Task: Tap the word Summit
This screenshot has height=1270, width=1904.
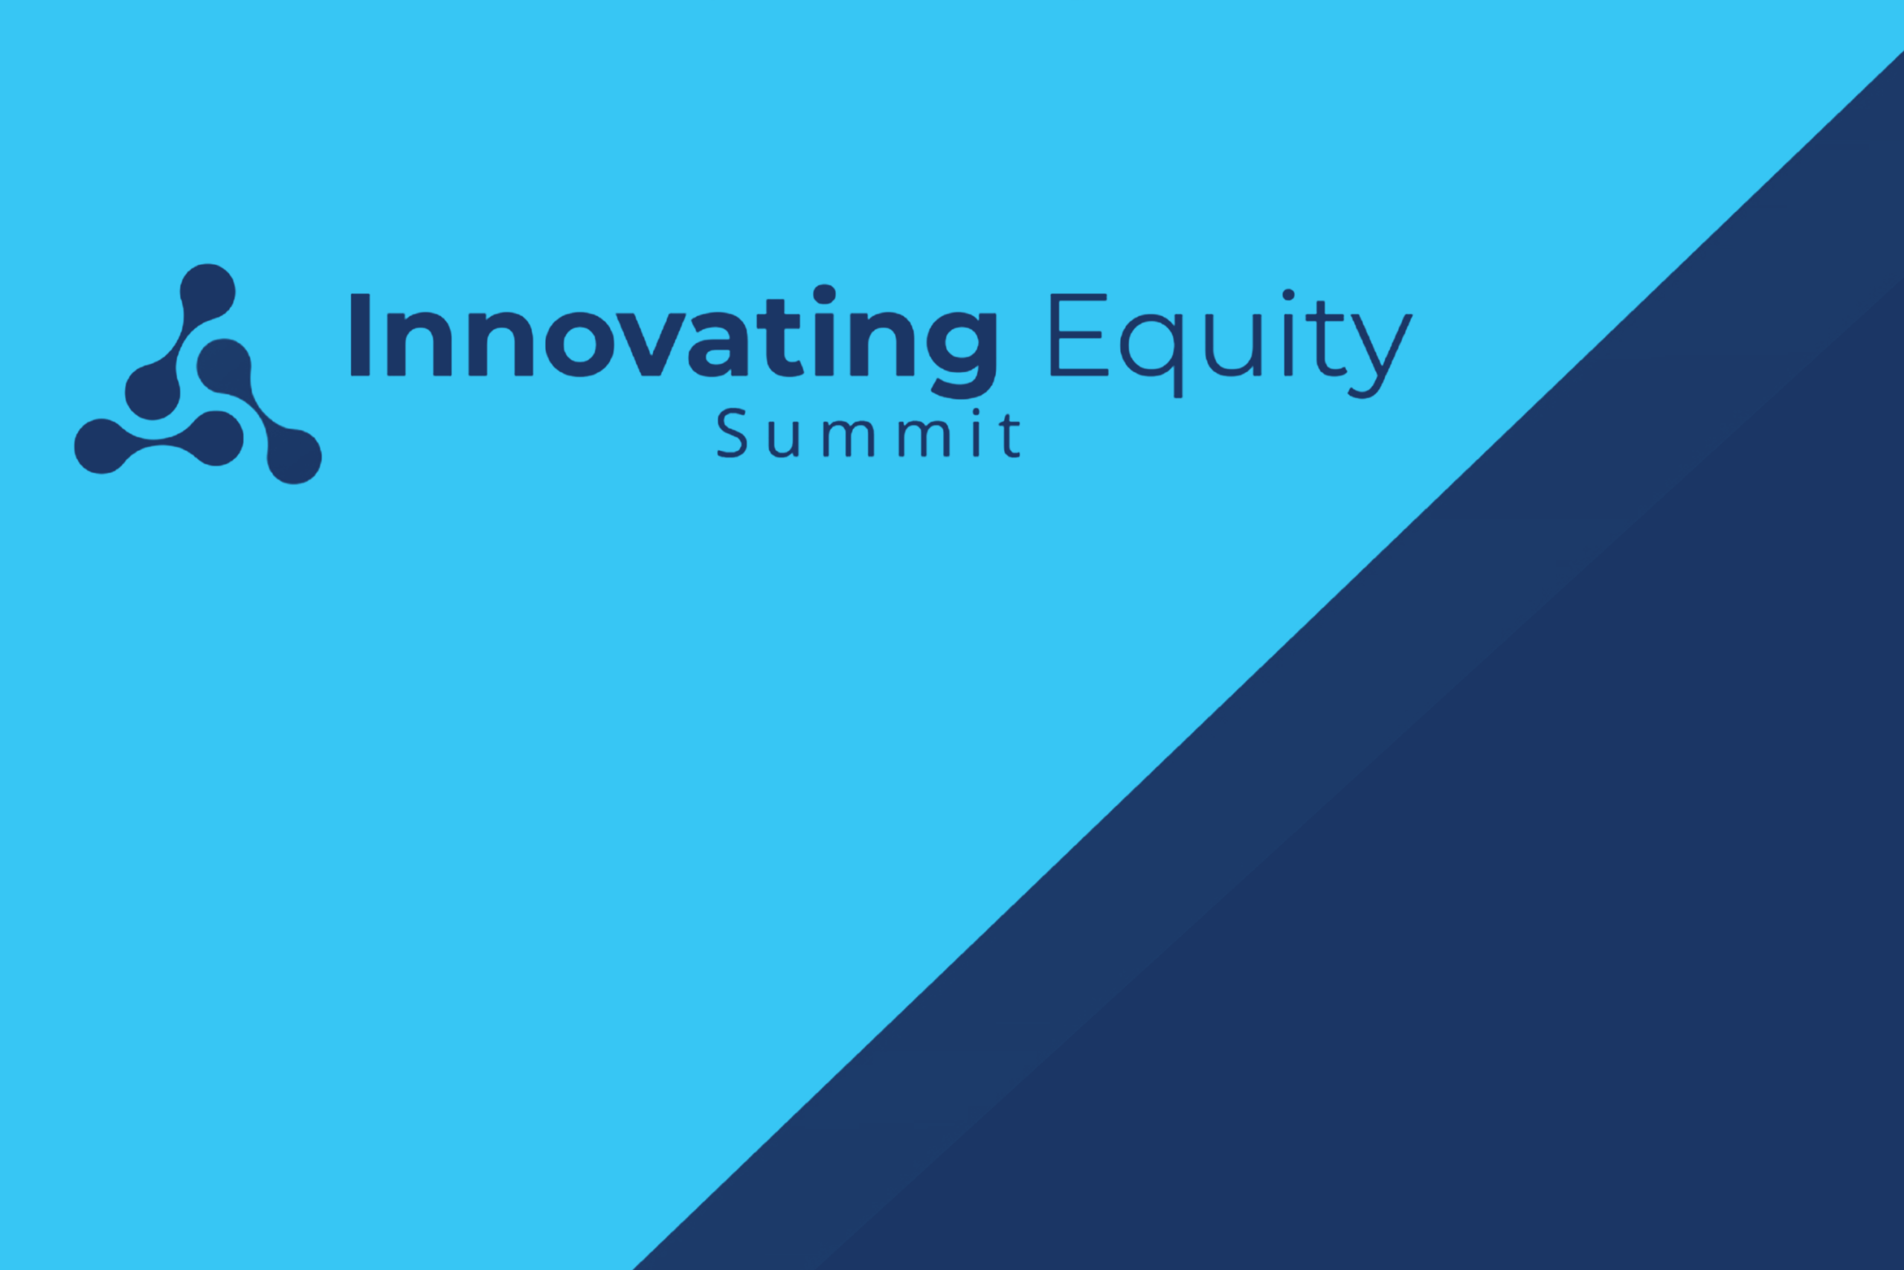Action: coord(868,433)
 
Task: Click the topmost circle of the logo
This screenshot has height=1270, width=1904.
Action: coord(208,292)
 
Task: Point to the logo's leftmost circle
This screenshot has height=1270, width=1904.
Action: coord(102,446)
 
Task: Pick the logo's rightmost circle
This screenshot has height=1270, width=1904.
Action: coord(294,457)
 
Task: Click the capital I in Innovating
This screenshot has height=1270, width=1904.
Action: coord(360,335)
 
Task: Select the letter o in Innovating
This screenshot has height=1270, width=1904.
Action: coord(580,344)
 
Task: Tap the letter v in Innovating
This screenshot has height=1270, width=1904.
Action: coord(652,344)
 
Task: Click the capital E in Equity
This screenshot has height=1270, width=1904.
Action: coord(1078,335)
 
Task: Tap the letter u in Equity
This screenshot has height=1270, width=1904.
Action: coord(1233,345)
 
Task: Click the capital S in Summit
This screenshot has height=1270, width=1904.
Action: coord(732,433)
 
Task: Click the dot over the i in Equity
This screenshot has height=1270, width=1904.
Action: coord(1288,294)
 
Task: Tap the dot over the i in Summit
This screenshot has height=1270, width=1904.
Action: coord(977,412)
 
